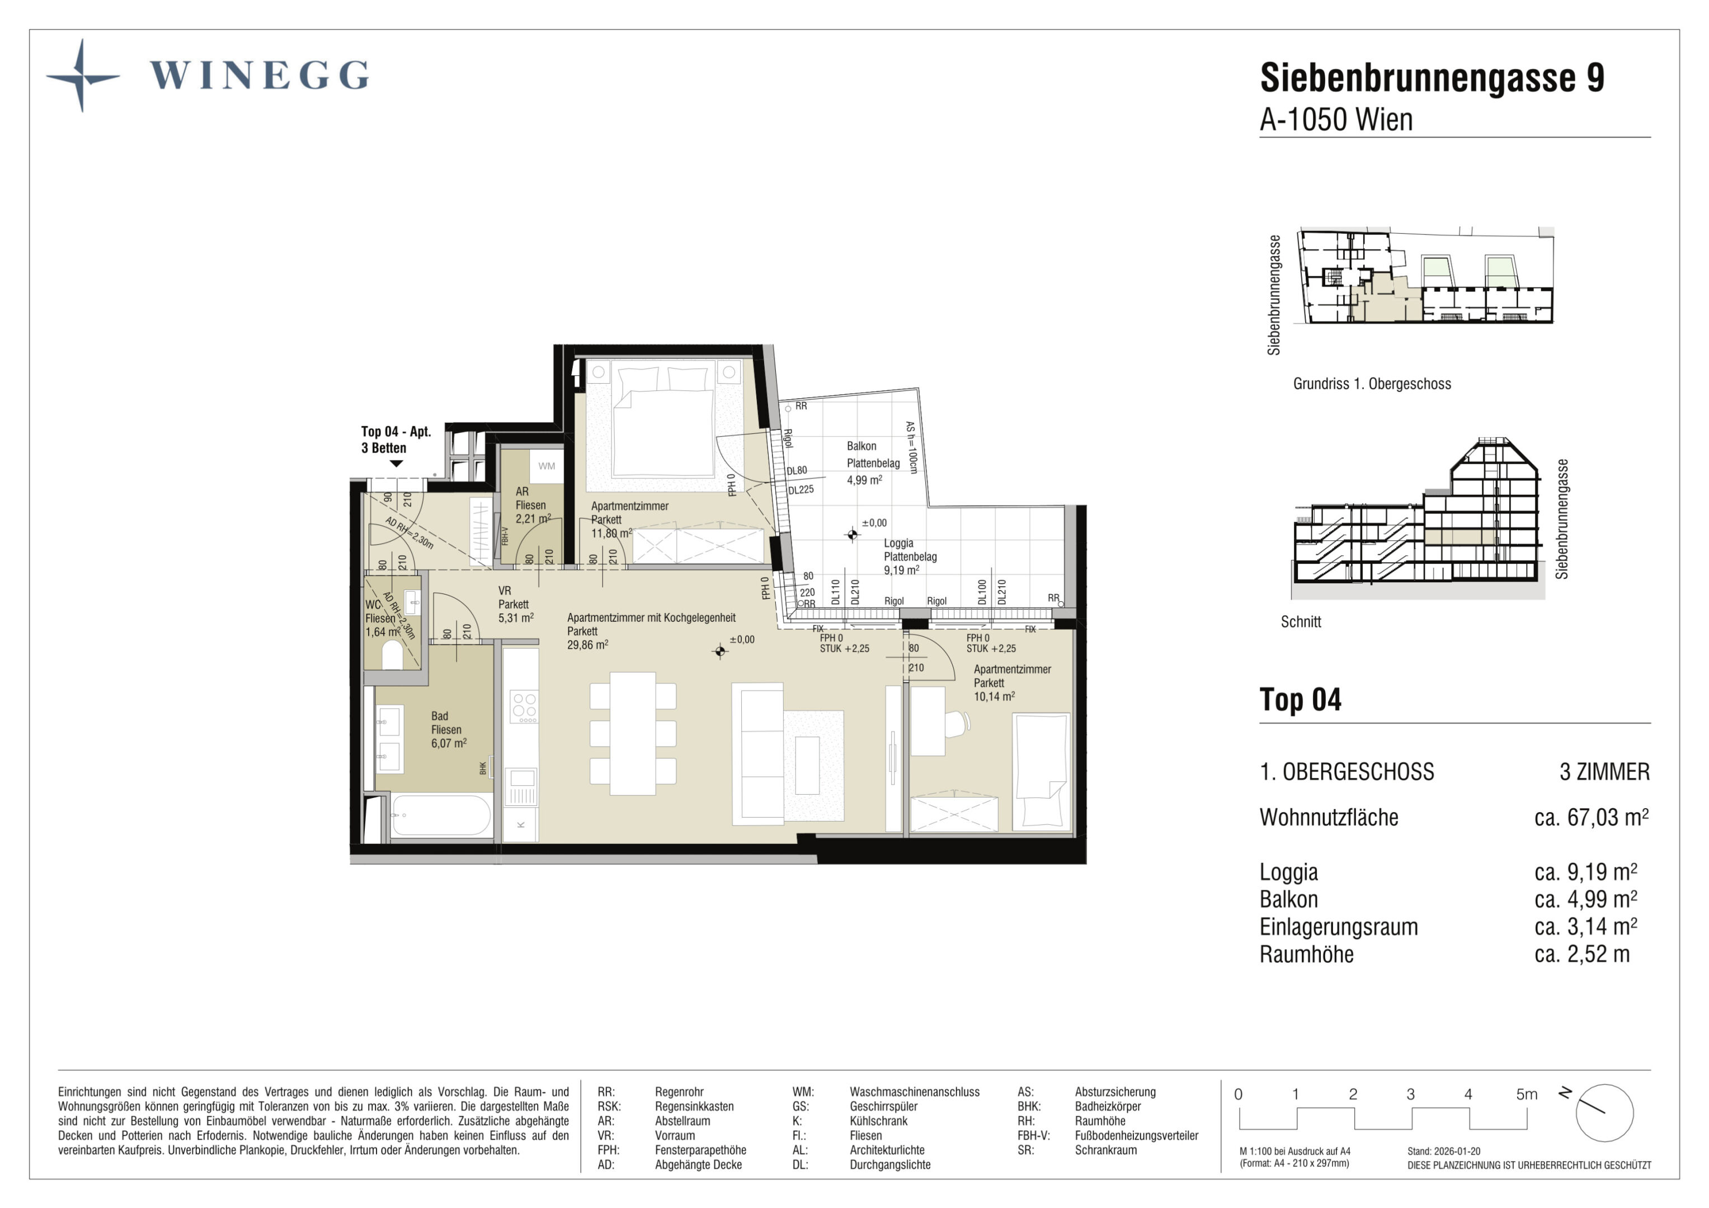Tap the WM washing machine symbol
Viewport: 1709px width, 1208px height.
(547, 466)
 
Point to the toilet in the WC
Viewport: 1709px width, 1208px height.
(392, 655)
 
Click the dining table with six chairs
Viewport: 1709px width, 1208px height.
(633, 733)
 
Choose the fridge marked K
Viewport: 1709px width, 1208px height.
(520, 824)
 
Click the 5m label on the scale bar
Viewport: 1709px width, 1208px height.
(1526, 1094)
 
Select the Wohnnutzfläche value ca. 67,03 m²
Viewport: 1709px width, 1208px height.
(1592, 817)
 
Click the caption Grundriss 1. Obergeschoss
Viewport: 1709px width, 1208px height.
(1372, 384)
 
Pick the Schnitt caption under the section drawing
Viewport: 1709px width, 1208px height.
(1301, 621)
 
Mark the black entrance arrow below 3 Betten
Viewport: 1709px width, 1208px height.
(397, 464)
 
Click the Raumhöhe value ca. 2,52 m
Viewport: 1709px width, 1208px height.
(1581, 954)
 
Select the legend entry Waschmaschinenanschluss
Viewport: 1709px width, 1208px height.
(915, 1092)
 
